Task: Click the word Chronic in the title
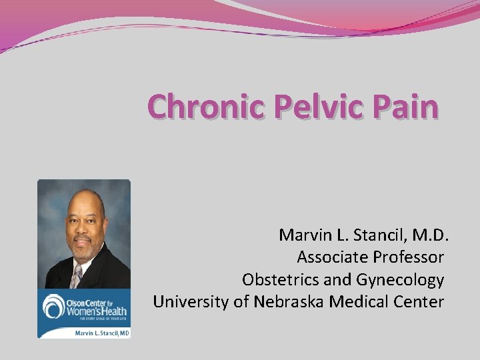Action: tap(206, 107)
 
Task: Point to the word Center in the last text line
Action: tap(419, 301)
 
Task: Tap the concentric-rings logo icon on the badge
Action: tap(53, 307)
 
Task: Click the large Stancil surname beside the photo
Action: tap(376, 235)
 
